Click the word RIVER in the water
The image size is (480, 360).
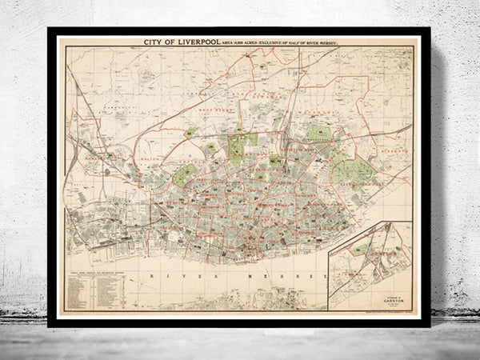click(170, 274)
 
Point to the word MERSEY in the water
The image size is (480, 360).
click(294, 274)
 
